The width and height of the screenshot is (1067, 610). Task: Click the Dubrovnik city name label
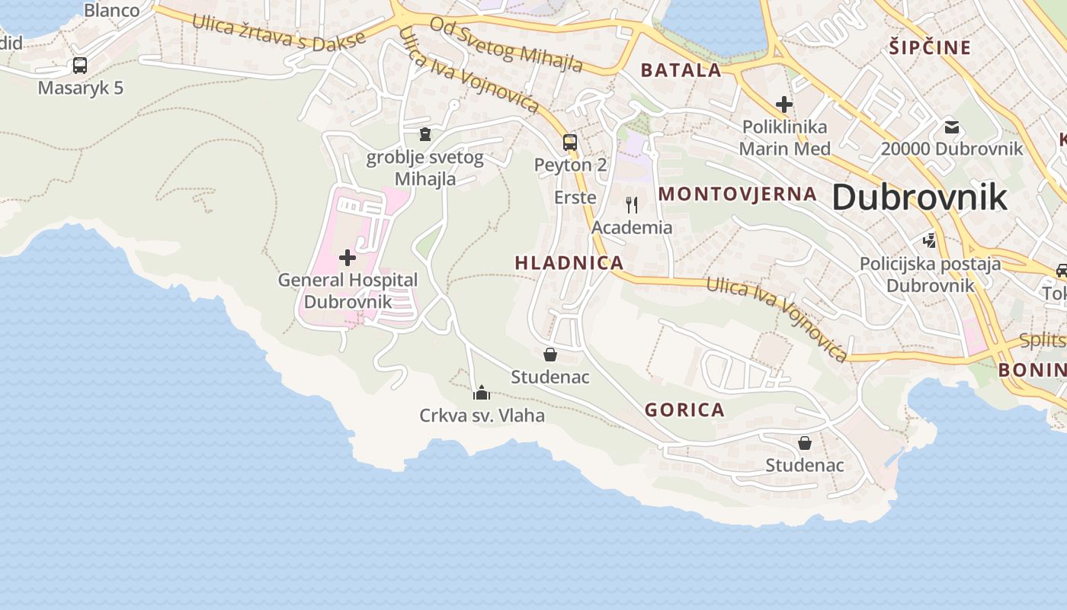click(919, 197)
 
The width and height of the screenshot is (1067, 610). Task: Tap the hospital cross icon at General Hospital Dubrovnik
click(348, 258)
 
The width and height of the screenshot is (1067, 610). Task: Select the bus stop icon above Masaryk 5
click(80, 66)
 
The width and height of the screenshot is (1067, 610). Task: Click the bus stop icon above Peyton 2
click(570, 142)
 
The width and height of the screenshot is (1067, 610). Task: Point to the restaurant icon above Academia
click(632, 204)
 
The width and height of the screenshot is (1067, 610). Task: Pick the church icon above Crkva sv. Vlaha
click(481, 393)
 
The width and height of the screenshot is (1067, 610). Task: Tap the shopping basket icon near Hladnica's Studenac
click(550, 355)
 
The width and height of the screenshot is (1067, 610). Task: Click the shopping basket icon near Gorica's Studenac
click(805, 443)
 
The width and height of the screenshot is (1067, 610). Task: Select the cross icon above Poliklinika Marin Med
click(784, 104)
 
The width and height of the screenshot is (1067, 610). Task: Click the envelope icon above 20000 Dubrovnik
click(951, 127)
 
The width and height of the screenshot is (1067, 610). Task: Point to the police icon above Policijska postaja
click(929, 241)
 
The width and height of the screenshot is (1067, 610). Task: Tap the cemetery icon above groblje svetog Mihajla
click(425, 135)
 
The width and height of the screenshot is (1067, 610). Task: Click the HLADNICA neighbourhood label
click(569, 263)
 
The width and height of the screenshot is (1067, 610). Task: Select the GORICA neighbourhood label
click(684, 410)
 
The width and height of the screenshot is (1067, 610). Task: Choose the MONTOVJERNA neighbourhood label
click(737, 194)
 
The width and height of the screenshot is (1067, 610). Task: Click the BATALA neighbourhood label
click(681, 71)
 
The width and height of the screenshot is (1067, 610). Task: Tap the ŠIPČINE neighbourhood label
click(930, 48)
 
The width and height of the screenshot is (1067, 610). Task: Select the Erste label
click(575, 197)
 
